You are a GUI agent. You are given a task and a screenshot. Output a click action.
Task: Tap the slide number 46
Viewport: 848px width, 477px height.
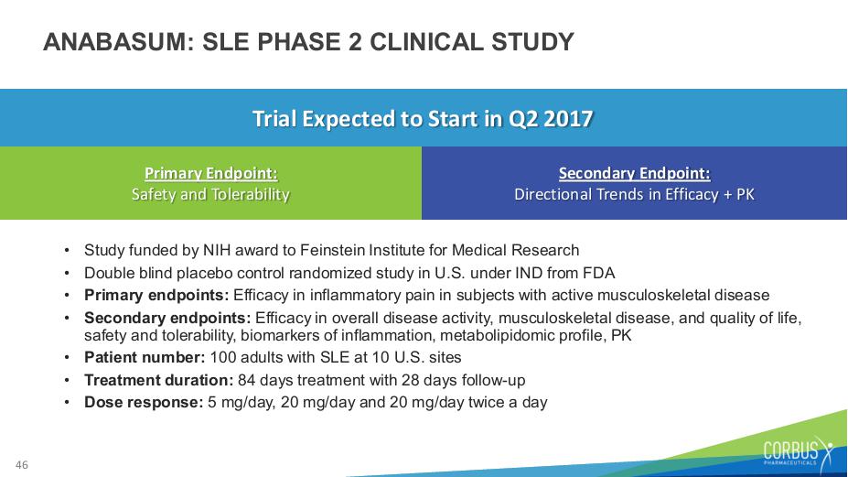22,464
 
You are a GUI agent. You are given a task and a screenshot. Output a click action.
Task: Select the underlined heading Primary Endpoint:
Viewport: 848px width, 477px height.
211,173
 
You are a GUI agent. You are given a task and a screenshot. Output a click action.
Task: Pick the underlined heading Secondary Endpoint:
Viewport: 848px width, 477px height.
634,173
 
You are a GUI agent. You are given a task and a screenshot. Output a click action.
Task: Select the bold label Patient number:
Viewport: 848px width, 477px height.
145,357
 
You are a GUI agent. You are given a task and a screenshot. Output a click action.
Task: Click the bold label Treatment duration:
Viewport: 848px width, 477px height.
158,380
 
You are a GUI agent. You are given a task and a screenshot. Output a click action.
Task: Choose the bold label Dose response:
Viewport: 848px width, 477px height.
144,402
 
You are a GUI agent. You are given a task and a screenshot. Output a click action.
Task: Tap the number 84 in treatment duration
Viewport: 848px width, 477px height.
247,380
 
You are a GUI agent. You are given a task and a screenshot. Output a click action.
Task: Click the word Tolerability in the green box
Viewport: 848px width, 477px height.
251,194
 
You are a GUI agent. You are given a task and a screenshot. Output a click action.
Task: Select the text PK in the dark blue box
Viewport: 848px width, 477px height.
746,194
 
